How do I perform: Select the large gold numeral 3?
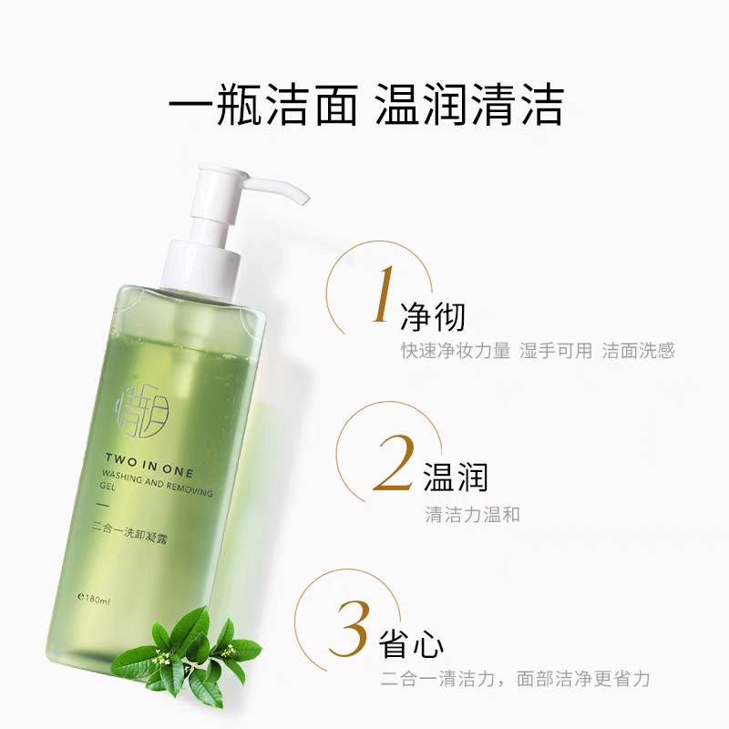[350, 628]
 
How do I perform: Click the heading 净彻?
[432, 316]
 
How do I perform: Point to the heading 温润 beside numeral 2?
[455, 477]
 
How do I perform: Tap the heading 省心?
[412, 643]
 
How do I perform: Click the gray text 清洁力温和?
[472, 515]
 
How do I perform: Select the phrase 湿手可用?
[556, 351]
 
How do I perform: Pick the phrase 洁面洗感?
[639, 351]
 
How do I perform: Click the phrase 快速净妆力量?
[457, 351]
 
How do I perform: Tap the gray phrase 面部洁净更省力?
[583, 679]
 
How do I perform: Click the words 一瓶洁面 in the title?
[262, 104]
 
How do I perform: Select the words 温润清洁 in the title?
[469, 104]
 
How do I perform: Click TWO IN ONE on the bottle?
[149, 466]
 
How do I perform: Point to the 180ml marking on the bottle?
[95, 600]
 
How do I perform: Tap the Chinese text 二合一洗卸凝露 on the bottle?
[129, 533]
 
